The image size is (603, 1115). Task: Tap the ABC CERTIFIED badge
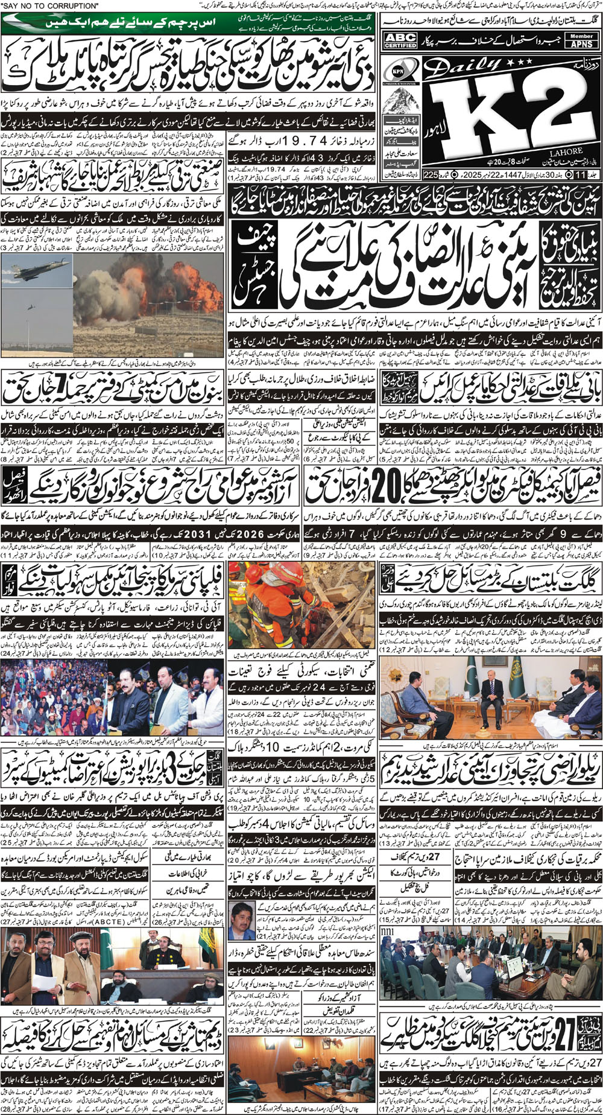(400, 41)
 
